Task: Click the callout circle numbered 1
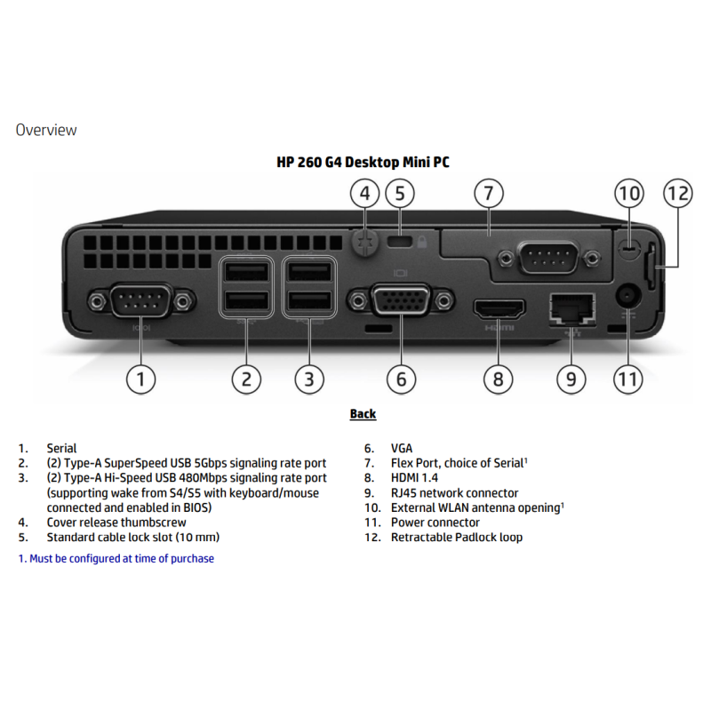click(x=140, y=379)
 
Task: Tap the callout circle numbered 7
click(x=488, y=193)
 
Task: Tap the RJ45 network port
click(x=571, y=308)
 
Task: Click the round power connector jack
click(x=629, y=296)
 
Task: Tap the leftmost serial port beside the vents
click(x=140, y=302)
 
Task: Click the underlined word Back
click(x=363, y=414)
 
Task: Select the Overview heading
click(x=46, y=131)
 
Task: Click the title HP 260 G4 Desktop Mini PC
click(x=363, y=163)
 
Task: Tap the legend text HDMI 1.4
click(x=418, y=478)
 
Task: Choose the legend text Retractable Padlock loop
click(x=457, y=538)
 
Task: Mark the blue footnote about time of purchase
click(x=116, y=559)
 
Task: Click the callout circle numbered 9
click(x=571, y=379)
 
